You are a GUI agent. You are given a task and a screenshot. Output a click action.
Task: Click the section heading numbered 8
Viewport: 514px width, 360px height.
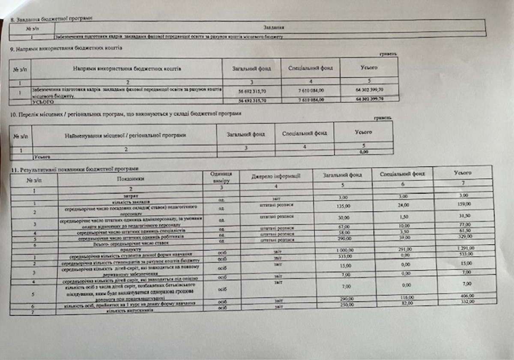pos(51,19)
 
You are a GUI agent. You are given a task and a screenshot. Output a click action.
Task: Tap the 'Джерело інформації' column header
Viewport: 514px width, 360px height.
pos(275,176)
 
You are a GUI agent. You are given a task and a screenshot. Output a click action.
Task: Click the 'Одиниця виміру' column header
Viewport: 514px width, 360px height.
pos(221,177)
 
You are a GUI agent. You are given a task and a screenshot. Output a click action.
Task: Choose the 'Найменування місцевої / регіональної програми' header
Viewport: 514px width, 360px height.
pos(125,135)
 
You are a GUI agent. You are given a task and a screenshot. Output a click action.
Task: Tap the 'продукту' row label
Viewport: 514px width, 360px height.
pos(129,249)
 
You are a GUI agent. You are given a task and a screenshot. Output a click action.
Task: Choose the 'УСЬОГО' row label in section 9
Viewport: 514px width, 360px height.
pos(43,102)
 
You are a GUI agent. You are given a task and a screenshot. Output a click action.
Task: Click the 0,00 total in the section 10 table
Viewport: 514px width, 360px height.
pos(364,152)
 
